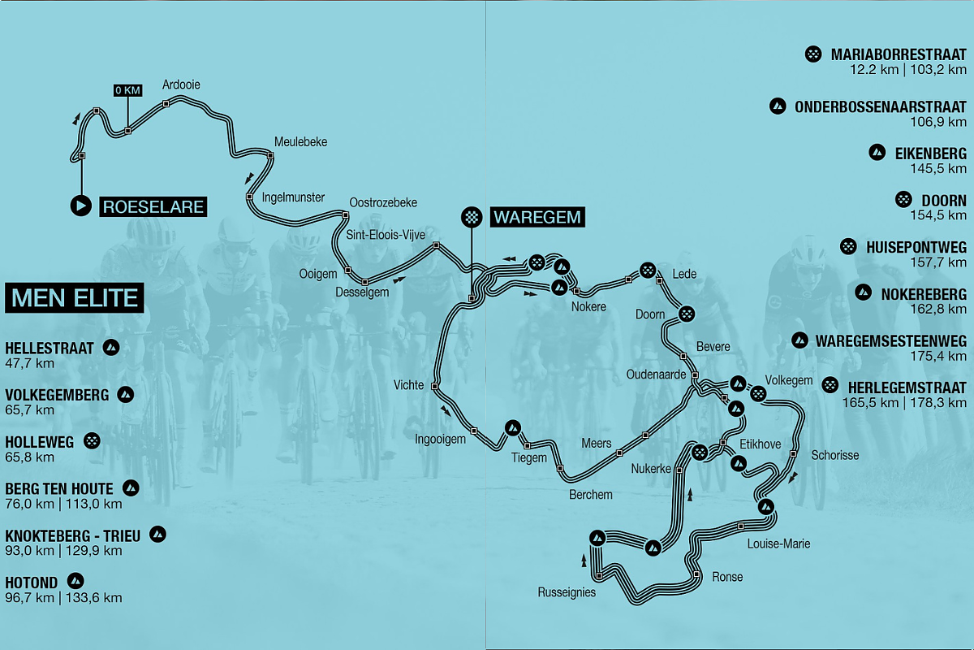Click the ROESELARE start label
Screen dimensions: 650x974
[x=153, y=206]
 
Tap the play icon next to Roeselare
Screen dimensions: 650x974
[x=80, y=206]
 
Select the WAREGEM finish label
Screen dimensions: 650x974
[x=537, y=217]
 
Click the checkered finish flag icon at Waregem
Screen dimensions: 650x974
[x=471, y=217]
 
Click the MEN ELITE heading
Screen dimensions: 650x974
[x=75, y=298]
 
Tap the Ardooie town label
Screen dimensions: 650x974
[x=181, y=84]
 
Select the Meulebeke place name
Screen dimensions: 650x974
[x=300, y=141]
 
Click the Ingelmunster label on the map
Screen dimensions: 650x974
[x=293, y=197]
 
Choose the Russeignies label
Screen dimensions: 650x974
[x=567, y=592]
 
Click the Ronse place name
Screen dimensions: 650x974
[x=727, y=577]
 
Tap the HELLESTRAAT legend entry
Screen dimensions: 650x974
[x=50, y=349]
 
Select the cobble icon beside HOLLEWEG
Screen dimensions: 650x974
[x=93, y=441]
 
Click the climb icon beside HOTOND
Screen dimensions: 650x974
[x=75, y=581]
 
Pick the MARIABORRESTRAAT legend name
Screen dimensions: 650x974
[x=899, y=55]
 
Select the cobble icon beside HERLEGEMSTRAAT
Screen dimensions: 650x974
[x=830, y=385]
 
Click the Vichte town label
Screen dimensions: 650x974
[x=408, y=385]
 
